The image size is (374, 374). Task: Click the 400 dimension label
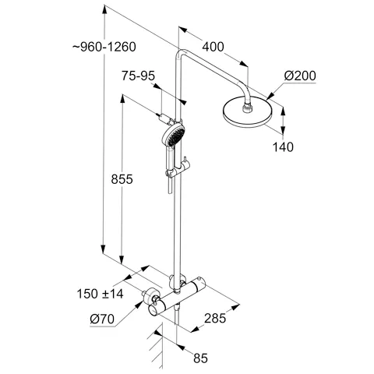(211, 47)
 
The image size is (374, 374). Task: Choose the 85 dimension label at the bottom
(202, 359)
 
